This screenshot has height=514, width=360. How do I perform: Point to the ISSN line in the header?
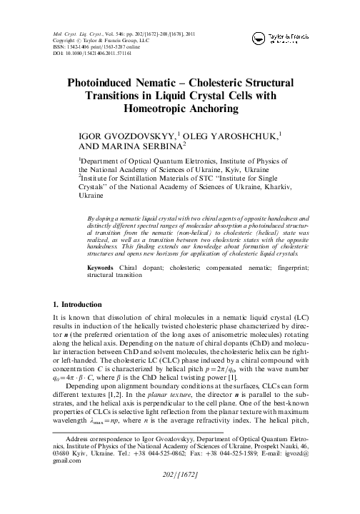pos(86,49)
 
